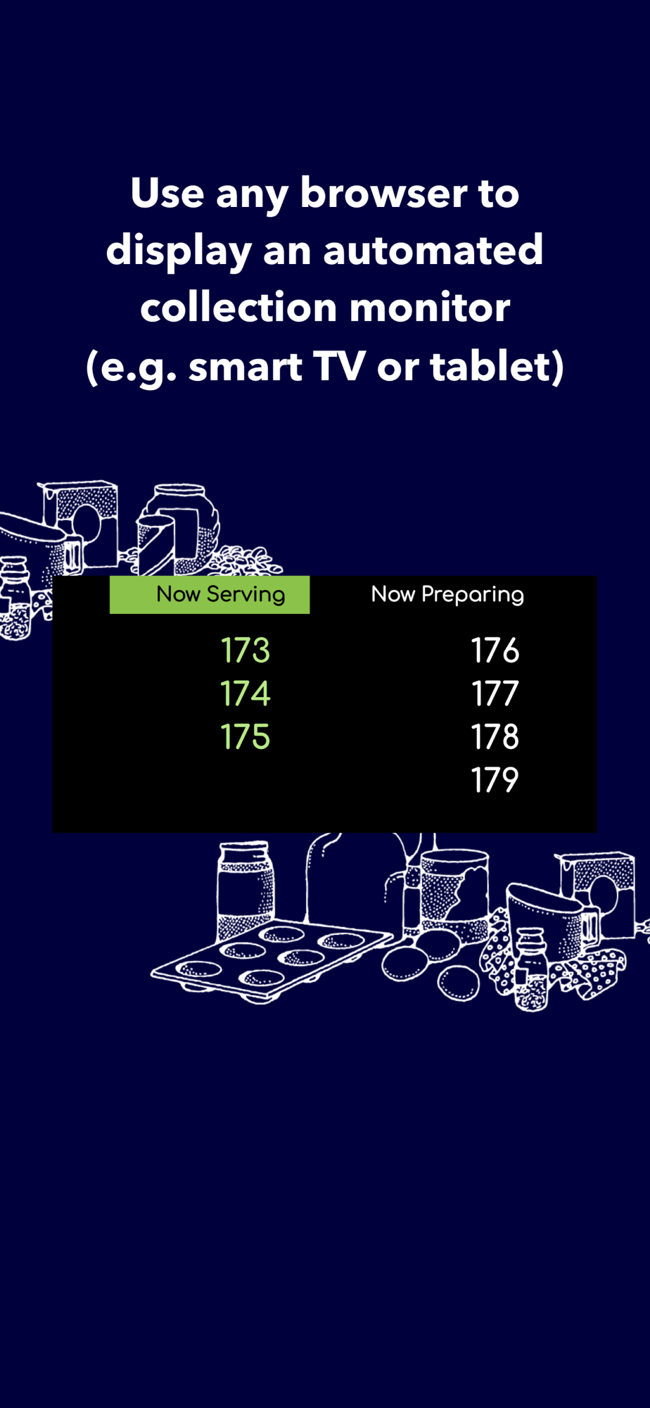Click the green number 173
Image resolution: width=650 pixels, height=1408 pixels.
click(246, 650)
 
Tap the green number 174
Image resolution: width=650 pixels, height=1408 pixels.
click(246, 693)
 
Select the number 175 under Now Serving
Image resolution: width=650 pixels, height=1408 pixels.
click(246, 736)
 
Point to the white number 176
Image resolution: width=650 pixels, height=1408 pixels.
click(495, 650)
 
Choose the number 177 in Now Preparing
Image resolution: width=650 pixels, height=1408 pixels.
click(495, 693)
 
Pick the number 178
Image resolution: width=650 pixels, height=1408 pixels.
click(495, 736)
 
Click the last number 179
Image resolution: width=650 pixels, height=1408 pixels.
click(495, 780)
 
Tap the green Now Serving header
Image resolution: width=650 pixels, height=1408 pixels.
click(210, 594)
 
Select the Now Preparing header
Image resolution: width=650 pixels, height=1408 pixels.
click(447, 595)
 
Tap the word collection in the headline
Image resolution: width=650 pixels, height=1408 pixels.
click(238, 308)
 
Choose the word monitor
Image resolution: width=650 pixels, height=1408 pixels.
click(430, 308)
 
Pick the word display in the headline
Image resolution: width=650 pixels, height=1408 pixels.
click(179, 252)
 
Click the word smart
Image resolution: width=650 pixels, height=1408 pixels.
click(246, 367)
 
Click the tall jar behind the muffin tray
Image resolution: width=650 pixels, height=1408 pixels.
click(245, 890)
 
